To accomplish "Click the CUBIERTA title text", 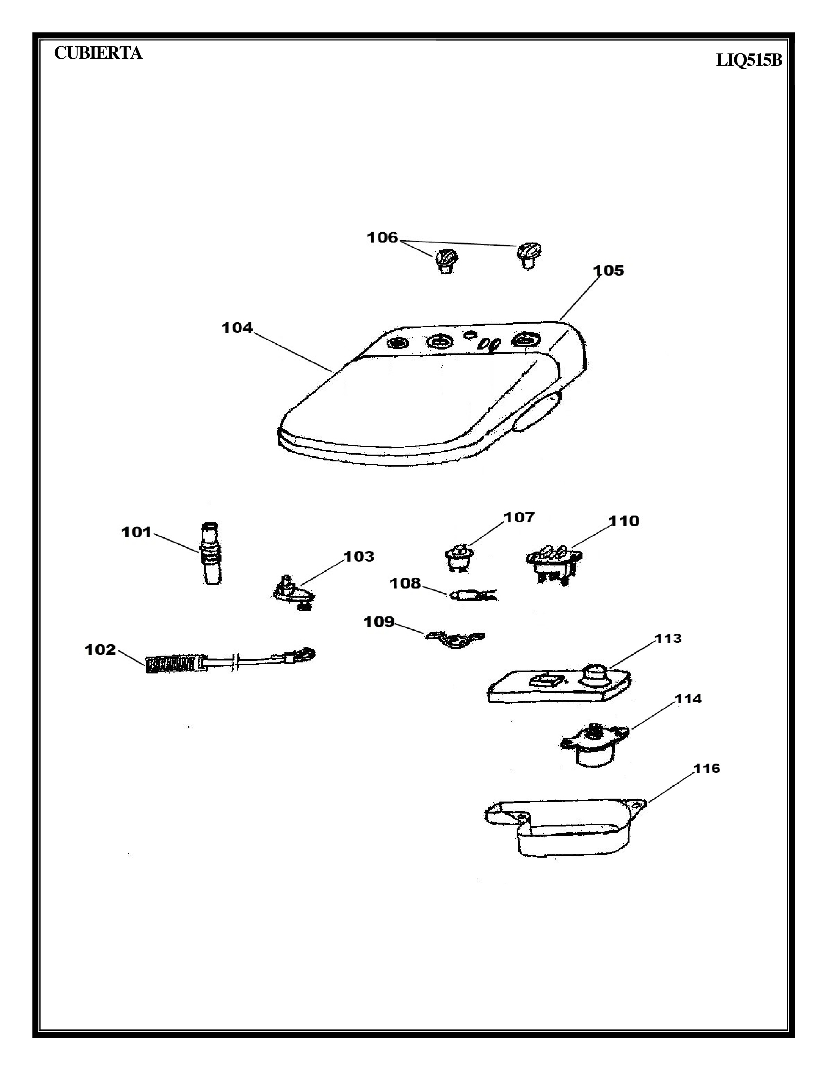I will tap(98, 53).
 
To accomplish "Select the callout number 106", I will tap(383, 238).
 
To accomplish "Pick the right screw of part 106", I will tap(528, 255).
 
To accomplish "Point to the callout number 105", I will tap(608, 270).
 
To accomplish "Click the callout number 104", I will tap(237, 328).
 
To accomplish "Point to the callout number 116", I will tap(706, 768).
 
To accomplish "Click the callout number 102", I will tap(101, 650).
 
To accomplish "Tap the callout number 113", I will tap(668, 638).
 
